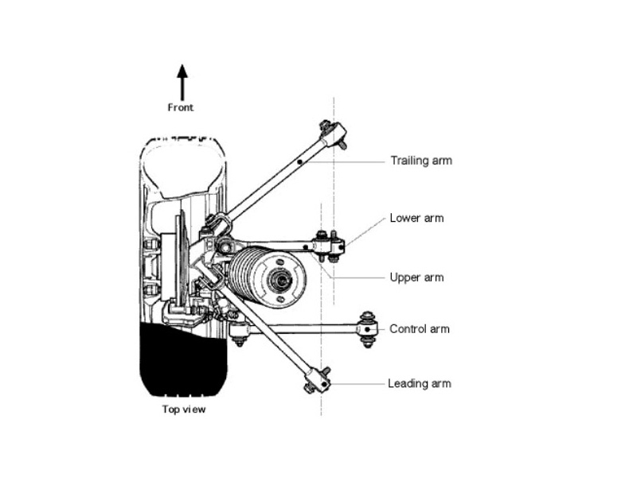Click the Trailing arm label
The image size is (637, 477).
(421, 161)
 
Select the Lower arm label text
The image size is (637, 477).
(416, 218)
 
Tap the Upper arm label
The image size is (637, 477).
(416, 277)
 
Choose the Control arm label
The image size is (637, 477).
(420, 329)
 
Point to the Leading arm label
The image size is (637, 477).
(420, 384)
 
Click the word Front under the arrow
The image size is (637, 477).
(181, 107)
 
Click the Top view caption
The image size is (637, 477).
(184, 409)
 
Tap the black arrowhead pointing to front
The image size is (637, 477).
(182, 72)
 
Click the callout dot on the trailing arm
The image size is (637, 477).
(300, 162)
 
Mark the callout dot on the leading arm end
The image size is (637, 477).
(324, 384)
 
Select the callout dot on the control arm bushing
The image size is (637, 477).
(368, 329)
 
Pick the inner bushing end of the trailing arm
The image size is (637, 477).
(334, 134)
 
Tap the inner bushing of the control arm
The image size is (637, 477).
(368, 329)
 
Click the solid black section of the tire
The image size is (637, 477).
(183, 359)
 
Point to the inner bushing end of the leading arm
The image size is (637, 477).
(317, 380)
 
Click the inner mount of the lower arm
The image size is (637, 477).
(330, 246)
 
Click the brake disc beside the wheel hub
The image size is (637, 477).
(182, 260)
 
